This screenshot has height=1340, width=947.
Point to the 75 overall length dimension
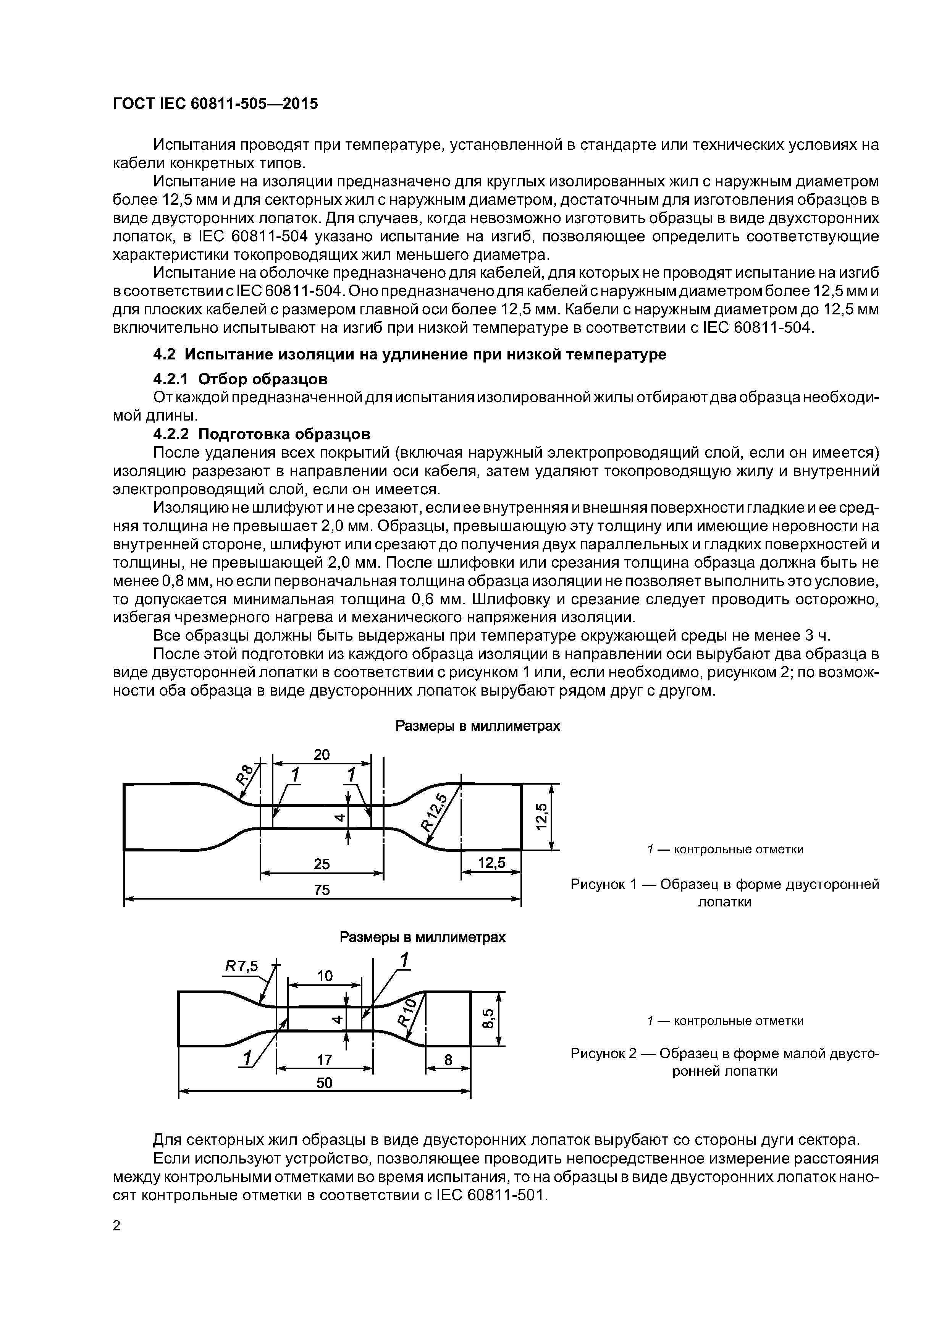(322, 889)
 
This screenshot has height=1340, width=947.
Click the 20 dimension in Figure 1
(322, 755)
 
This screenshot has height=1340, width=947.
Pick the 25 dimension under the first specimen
(322, 864)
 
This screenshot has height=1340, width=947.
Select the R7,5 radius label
(241, 966)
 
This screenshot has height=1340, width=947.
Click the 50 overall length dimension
(324, 1083)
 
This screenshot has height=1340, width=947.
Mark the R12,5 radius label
(434, 812)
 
